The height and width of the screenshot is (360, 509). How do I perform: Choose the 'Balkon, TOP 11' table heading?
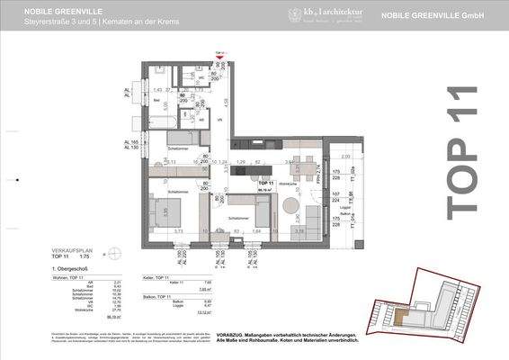(x=160, y=295)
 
